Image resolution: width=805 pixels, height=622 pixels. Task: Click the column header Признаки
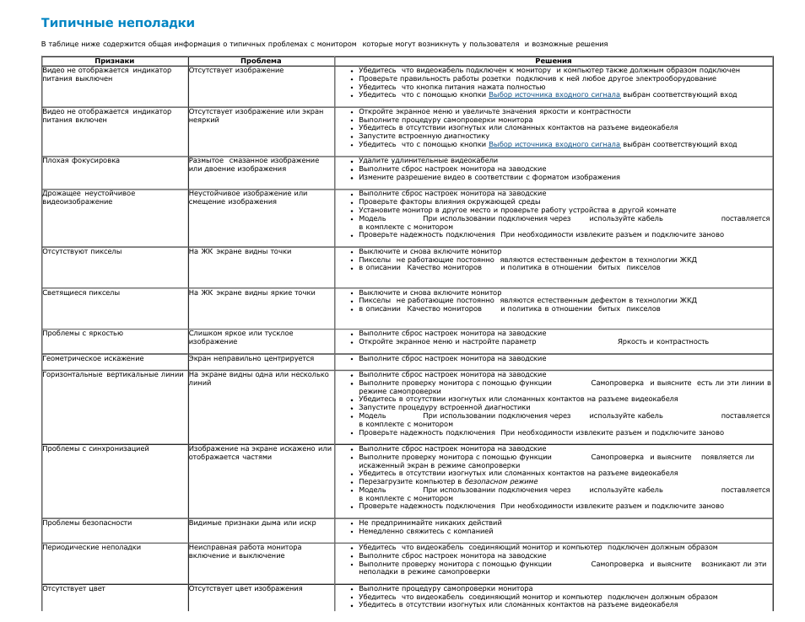click(114, 61)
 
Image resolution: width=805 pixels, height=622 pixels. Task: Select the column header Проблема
click(261, 61)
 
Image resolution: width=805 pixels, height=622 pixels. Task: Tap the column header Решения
click(553, 61)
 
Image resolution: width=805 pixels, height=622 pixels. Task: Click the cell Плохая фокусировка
click(81, 160)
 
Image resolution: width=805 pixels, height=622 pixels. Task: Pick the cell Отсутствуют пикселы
click(82, 251)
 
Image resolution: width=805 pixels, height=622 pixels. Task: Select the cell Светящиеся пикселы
click(81, 292)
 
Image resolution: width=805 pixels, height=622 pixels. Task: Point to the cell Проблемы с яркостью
click(83, 333)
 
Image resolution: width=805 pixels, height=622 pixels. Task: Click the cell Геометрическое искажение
click(93, 358)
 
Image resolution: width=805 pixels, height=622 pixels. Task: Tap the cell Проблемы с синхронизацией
click(95, 448)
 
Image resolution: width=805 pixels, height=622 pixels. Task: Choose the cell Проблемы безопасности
click(87, 523)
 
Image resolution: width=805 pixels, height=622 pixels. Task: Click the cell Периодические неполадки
click(91, 547)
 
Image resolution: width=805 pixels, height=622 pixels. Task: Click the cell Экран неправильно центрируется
click(251, 358)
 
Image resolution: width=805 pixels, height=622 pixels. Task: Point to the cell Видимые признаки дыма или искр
click(252, 523)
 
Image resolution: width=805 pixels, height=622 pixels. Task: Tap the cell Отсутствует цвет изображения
click(246, 588)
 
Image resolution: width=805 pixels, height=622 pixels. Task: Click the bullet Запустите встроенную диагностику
click(424, 136)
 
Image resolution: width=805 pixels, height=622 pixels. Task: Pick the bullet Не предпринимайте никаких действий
click(430, 523)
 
